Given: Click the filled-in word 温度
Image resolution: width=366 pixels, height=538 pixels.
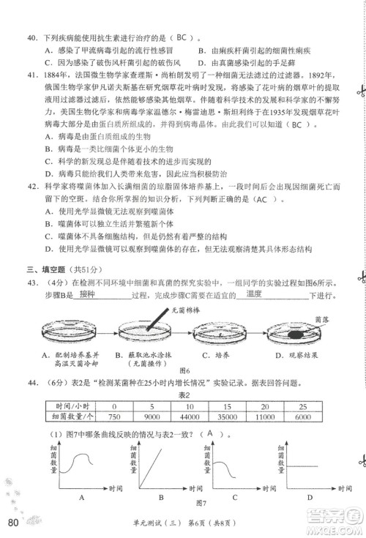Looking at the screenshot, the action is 254,294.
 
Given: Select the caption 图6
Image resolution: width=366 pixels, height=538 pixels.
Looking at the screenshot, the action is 184,371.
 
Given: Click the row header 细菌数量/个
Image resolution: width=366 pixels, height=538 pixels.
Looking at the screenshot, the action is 69,416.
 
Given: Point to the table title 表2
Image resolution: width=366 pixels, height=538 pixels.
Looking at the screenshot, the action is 184,394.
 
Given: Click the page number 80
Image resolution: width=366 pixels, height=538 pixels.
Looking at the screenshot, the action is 12,522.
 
